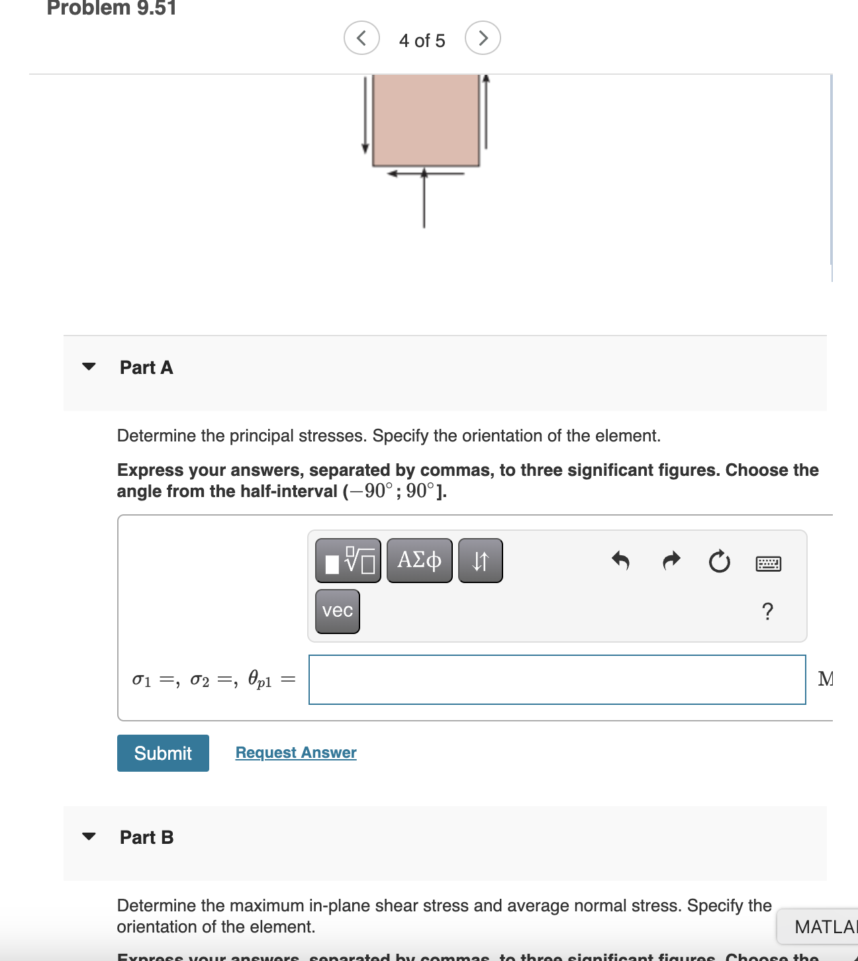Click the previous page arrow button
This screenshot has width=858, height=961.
(361, 38)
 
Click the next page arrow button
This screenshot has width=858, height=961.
(483, 38)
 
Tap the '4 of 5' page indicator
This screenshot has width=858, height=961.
(422, 40)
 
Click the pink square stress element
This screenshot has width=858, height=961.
(426, 119)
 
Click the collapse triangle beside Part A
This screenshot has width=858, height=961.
(89, 367)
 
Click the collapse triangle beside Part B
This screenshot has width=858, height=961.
(89, 837)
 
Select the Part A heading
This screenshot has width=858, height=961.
(146, 367)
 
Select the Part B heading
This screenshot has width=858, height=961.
(146, 837)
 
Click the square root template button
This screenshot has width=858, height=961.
(348, 561)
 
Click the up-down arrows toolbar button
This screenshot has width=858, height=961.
(480, 561)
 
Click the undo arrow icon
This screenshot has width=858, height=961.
(620, 561)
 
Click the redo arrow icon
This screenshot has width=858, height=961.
(671, 561)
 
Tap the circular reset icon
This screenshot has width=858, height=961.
(719, 562)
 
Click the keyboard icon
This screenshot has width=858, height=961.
(768, 564)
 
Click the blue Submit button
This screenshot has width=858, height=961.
(163, 753)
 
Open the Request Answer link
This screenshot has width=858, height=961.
(296, 753)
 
